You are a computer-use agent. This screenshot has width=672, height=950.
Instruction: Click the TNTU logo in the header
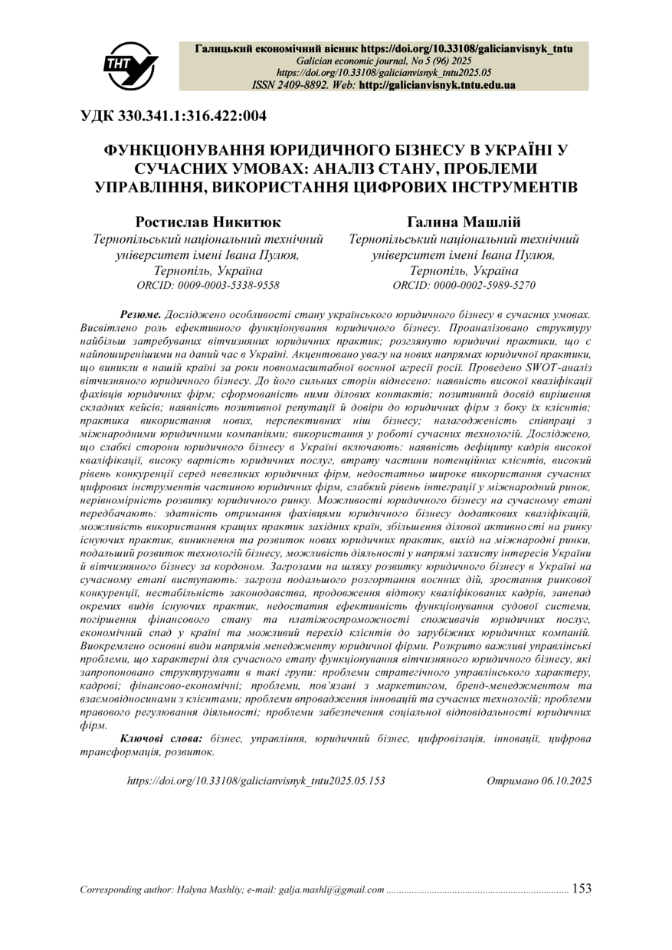129,64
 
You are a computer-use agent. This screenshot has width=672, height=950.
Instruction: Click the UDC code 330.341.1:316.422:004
173,117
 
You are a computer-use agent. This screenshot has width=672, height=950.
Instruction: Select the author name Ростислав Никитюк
207,222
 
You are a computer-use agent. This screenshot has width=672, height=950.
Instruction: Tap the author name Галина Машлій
464,222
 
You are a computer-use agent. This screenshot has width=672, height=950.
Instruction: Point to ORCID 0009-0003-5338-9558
207,285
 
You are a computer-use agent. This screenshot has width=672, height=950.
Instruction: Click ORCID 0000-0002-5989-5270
464,285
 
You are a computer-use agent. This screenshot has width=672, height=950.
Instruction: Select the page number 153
582,889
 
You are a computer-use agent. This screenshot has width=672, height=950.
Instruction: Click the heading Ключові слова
161,739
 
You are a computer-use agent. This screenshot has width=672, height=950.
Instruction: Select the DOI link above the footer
256,781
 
